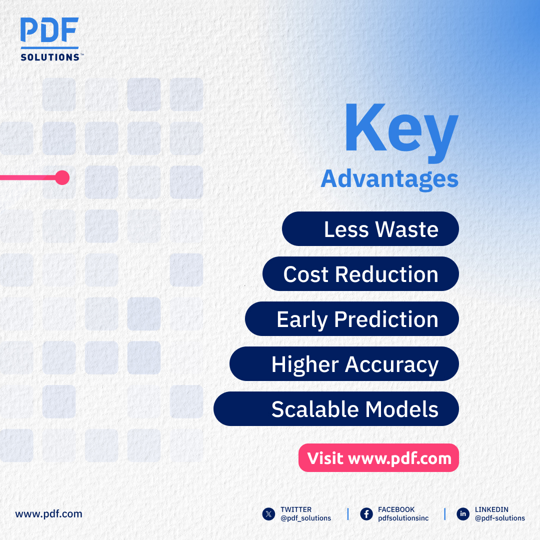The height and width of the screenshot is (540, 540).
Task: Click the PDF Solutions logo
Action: click(49, 39)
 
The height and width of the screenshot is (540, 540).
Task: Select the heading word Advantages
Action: click(389, 178)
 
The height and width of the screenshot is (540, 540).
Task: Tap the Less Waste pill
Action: click(370, 229)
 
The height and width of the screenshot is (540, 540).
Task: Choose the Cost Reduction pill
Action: click(360, 274)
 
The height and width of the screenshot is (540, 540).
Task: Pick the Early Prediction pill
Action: click(351, 319)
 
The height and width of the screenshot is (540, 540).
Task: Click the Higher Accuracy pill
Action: click(344, 364)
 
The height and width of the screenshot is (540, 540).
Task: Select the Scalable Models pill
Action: click(336, 409)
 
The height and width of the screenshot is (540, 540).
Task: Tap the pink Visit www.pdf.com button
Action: click(378, 458)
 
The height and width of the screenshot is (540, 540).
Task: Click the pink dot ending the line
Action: click(62, 177)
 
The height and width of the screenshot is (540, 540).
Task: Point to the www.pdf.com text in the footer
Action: click(48, 513)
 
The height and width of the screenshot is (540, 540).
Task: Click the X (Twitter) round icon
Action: click(269, 514)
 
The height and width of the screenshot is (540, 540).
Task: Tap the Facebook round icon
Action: click(366, 514)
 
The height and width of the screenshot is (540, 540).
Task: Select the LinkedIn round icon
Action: click(463, 514)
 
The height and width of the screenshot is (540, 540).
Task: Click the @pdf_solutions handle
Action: click(305, 518)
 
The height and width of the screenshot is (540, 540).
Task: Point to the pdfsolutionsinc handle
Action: click(403, 518)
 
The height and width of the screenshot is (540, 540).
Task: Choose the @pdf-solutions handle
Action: click(500, 518)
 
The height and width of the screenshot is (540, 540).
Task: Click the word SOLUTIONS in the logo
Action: click(50, 57)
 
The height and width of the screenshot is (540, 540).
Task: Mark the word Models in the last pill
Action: click(402, 409)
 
